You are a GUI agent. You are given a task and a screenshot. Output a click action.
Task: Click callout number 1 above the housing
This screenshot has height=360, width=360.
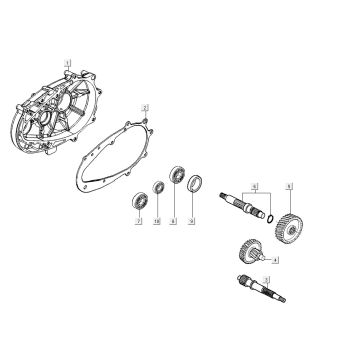(x=67, y=62)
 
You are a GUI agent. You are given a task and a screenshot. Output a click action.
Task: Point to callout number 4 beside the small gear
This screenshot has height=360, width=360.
(x=277, y=261)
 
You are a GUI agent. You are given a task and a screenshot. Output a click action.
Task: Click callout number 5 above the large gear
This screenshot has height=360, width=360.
(x=289, y=186)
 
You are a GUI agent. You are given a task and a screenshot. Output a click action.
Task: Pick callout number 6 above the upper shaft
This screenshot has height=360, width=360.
(x=255, y=185)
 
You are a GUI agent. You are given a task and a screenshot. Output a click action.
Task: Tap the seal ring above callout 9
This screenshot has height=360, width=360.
(x=195, y=183)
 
